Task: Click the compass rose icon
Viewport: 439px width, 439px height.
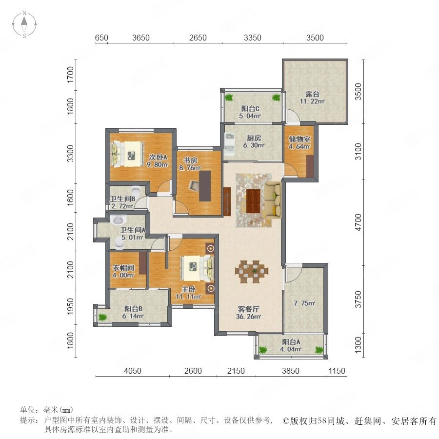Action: pos(24,24)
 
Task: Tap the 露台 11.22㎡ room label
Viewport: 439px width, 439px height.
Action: pos(312,98)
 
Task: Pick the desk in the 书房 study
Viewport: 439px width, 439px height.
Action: pos(205,186)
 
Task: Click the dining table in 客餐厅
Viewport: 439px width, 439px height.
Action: pos(252,271)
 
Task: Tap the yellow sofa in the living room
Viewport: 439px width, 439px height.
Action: pos(273,200)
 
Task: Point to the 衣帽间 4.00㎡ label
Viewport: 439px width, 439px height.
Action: pos(123,271)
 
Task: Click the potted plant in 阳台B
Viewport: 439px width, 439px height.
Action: pos(102,317)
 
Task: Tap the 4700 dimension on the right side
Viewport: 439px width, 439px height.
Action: pos(358,222)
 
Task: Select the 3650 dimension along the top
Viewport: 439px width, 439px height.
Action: pos(141,38)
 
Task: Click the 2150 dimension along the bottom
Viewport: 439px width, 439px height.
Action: pos(236,371)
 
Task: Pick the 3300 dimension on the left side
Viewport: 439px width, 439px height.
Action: pos(70,153)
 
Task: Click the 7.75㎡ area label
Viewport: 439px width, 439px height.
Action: pos(304,303)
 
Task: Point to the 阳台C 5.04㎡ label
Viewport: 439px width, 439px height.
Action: pos(250,112)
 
